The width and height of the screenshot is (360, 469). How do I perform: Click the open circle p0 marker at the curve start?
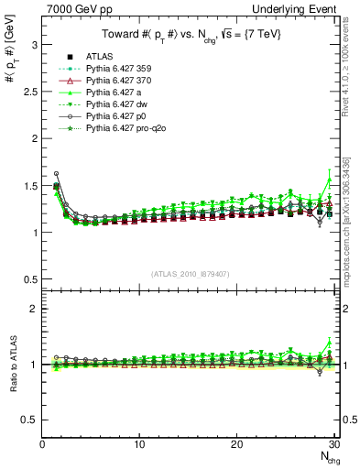point(57,173)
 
